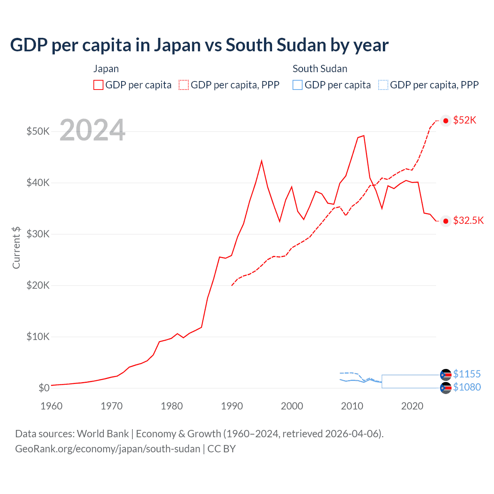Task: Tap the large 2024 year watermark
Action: point(92,130)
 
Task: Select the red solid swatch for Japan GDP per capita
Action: point(98,85)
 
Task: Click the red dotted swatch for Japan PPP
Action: point(184,85)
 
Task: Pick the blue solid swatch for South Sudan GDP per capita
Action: point(298,85)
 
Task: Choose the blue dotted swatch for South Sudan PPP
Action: point(383,85)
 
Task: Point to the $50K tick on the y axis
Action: point(38,131)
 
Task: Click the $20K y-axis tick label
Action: point(38,285)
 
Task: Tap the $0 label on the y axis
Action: point(44,388)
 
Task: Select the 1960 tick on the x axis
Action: point(51,406)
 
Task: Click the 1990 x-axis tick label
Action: point(232,406)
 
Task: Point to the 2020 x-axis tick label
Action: point(412,406)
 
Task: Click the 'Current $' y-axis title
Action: point(16,247)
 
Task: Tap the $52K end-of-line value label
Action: point(465,120)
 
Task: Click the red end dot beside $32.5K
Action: point(446,221)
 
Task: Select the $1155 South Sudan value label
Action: point(467,374)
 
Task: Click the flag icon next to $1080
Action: point(446,388)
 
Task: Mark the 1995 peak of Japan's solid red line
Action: point(262,161)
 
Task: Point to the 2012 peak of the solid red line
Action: point(364,135)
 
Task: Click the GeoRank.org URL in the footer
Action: point(108,449)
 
